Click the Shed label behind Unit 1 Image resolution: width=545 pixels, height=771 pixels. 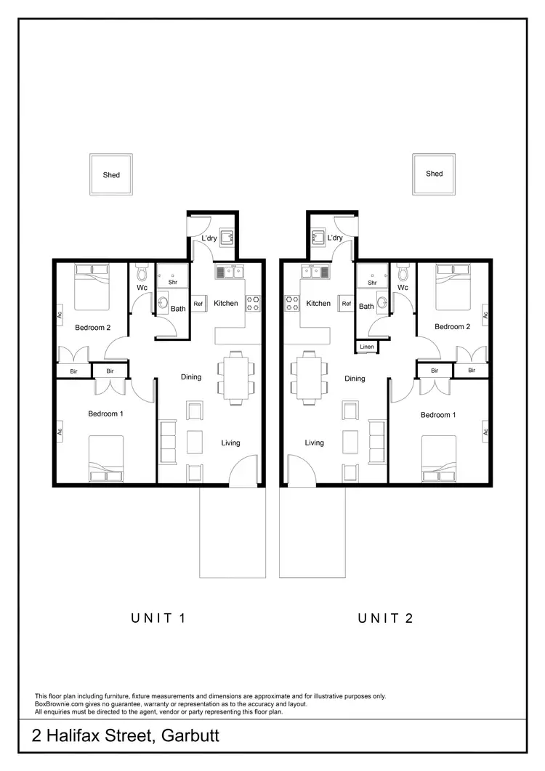[111, 175]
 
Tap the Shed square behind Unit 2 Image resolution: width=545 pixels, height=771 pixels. [434, 174]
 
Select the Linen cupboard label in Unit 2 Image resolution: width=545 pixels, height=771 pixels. [368, 348]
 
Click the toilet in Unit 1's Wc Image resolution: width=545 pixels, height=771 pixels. [142, 273]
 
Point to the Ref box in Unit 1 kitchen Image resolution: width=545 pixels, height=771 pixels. [198, 304]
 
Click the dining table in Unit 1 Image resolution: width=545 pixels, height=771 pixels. [235, 376]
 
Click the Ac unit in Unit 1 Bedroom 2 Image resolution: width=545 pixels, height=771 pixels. [59, 315]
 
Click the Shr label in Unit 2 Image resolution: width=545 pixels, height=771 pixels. [372, 283]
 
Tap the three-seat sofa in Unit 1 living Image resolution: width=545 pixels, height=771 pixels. [167, 440]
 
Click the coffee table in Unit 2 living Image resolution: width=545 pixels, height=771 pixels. [351, 441]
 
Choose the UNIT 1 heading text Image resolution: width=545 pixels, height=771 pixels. [158, 618]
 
